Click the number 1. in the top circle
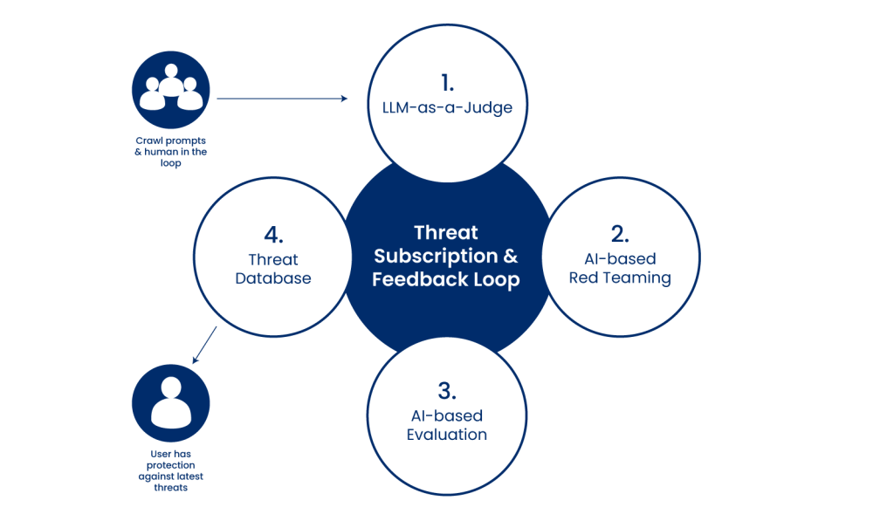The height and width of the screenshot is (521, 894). coord(448,83)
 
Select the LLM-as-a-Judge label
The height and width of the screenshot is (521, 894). coord(447,107)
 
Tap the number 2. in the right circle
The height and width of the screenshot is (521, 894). coord(620,234)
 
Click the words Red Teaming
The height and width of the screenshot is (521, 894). coord(620,278)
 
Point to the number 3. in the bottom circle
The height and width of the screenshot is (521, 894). coord(447,391)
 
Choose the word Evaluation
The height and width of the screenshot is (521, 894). coord(447,435)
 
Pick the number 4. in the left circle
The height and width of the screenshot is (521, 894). coord(273,235)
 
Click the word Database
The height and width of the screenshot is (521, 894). coord(273,278)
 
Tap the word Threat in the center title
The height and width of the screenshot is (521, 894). coord(446,232)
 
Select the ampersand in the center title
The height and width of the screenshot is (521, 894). coord(511,256)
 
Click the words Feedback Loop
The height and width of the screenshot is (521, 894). coord(446,279)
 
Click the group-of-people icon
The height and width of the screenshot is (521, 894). coord(171,90)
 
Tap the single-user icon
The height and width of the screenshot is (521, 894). coord(171,403)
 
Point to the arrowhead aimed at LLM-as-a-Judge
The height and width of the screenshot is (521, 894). coord(344,99)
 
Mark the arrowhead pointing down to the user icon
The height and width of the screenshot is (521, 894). coord(196,359)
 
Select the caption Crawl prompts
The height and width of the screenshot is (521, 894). coord(170,141)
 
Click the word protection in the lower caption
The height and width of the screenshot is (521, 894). coord(170,465)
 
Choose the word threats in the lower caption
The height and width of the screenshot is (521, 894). coord(170,487)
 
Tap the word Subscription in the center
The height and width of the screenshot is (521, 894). coord(436,257)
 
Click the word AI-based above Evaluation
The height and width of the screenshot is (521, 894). coord(447,415)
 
